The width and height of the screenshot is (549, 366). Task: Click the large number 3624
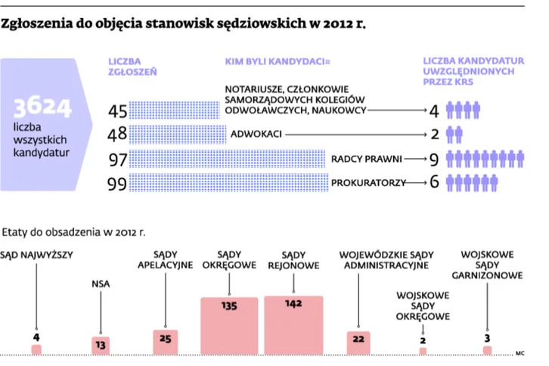[42, 107]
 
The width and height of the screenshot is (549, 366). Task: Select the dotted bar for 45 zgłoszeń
[175, 110]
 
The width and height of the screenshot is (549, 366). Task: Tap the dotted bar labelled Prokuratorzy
[228, 182]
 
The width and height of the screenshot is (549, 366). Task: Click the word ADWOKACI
[256, 134]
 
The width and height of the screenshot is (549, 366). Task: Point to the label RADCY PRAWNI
[366, 159]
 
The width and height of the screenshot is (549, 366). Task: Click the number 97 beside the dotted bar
[118, 160]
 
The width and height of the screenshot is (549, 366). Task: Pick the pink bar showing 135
[229, 326]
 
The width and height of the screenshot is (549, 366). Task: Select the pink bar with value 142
[293, 325]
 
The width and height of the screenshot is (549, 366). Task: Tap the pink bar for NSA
[101, 346]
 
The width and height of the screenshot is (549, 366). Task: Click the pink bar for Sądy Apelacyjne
[166, 343]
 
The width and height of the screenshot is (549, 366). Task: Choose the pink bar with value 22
[358, 343]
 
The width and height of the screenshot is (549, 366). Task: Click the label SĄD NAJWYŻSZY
[36, 255]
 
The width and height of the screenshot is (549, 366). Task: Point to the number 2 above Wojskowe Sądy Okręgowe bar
[423, 340]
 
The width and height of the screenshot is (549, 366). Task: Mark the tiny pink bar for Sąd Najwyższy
[36, 349]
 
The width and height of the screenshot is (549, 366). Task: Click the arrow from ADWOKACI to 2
[355, 135]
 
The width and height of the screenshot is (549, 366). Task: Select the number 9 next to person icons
[434, 160]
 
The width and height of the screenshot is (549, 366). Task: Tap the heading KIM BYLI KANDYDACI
[278, 62]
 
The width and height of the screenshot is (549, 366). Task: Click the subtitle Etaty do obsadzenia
[73, 232]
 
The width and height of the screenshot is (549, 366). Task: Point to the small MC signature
[520, 353]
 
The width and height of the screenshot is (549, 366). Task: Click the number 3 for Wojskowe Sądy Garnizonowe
[487, 338]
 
